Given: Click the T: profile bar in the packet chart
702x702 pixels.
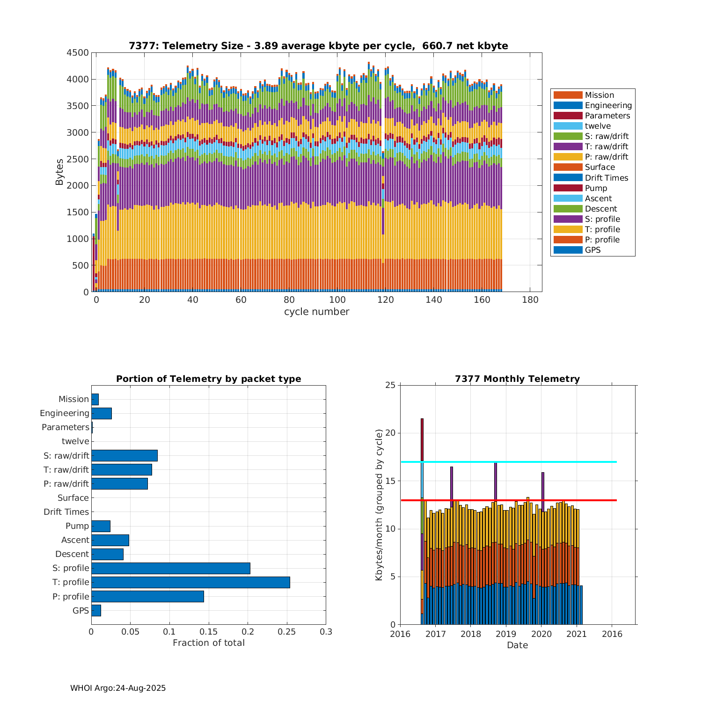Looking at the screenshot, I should tap(190, 582).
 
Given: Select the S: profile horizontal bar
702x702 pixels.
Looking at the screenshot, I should tap(171, 568).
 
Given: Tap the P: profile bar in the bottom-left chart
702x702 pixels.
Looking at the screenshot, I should tap(147, 596).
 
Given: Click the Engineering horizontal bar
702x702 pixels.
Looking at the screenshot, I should tap(102, 413).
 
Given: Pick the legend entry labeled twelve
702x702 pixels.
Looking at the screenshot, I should tap(598, 126).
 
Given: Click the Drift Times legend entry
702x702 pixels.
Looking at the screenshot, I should tap(606, 178).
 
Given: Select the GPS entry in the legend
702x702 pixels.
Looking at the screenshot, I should tap(592, 250).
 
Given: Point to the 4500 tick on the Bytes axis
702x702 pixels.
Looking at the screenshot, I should tap(77, 53).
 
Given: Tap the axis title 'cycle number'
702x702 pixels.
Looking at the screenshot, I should tap(317, 312).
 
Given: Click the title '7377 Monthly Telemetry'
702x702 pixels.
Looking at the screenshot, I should tap(517, 379).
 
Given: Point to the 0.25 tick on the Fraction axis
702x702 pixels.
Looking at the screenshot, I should tap(287, 632).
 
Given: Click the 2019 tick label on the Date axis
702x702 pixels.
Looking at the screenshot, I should tap(506, 634).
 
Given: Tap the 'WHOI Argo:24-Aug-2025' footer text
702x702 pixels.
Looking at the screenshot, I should tap(118, 688).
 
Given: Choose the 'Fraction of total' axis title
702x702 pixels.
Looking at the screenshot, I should tap(209, 643).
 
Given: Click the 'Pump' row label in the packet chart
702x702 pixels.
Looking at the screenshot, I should tap(77, 526).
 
